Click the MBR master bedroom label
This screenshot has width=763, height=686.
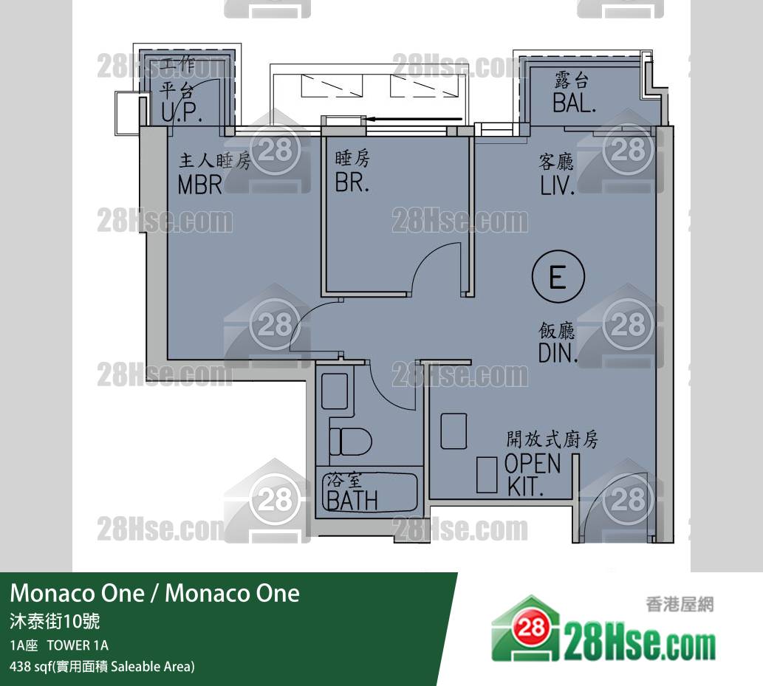(x=200, y=185)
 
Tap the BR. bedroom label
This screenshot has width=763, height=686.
(x=352, y=182)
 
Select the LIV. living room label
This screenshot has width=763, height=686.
(x=557, y=185)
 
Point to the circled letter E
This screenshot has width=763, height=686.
(x=558, y=277)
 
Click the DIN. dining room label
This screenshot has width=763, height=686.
(x=558, y=353)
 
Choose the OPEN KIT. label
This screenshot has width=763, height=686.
(x=532, y=474)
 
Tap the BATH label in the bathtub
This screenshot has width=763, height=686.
(x=352, y=500)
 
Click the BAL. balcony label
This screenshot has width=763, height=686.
(x=574, y=103)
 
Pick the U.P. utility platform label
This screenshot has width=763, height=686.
(x=182, y=112)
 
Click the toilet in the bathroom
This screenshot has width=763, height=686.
(x=351, y=442)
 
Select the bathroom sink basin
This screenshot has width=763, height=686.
(x=335, y=391)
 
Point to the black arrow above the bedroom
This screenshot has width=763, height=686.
(x=414, y=119)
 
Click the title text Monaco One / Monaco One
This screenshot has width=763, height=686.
(x=154, y=593)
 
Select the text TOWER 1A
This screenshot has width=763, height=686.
(x=78, y=645)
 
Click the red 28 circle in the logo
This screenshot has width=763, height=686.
(x=531, y=627)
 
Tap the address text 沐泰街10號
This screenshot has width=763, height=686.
(x=55, y=621)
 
